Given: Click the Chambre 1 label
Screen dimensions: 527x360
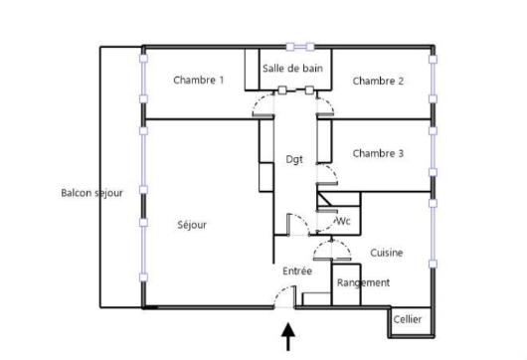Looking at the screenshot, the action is (x=198, y=80).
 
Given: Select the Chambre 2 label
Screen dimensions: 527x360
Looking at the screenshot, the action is (x=378, y=81).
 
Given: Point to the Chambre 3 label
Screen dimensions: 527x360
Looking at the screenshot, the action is (x=378, y=153).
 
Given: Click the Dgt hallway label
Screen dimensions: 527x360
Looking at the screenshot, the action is (x=294, y=158).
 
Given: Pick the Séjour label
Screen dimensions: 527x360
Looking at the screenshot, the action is (x=192, y=225).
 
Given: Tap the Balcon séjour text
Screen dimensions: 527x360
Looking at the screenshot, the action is (x=91, y=193).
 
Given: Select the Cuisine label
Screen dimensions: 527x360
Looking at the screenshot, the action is (x=387, y=253).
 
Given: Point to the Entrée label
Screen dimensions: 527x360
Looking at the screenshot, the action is (x=297, y=270).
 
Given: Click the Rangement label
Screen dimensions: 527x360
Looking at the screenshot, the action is (x=363, y=282).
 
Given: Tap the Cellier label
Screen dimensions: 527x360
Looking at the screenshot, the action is (x=407, y=319).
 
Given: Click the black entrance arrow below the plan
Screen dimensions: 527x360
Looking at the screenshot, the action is (x=290, y=339).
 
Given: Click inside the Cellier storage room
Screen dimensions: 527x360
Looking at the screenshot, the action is (x=407, y=316).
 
